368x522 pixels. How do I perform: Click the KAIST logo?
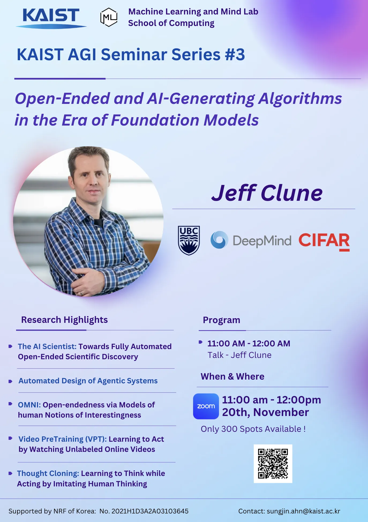pos(51,18)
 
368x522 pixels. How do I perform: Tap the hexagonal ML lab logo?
pos(109,17)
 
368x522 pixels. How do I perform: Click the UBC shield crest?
pos(189,240)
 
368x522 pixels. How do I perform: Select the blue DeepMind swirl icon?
pos(219,240)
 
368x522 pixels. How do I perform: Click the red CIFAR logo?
pos(324,242)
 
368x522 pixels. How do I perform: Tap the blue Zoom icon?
pos(206,406)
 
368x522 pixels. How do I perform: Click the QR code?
pos(273,464)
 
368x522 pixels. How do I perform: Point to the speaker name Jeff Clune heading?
pos(267,193)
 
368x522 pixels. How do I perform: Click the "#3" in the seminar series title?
pos(235,54)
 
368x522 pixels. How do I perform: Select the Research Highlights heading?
pos(65,320)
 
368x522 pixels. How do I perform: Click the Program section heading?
pos(221,320)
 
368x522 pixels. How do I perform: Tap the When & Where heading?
pos(232,376)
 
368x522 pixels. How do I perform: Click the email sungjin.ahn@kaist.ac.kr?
pos(303,511)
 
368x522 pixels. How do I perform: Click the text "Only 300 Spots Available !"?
pos(253,429)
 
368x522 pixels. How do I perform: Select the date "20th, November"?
pos(265,412)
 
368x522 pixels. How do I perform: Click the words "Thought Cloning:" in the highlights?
pos(48,473)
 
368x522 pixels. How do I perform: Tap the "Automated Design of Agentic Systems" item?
pos(88,381)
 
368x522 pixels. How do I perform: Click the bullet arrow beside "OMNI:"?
pos(10,404)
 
